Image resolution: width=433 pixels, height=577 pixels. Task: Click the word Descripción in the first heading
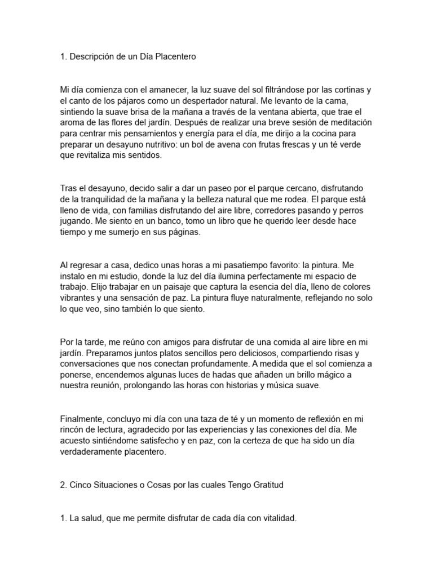click(x=92, y=57)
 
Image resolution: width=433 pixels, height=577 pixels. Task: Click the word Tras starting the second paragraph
click(x=68, y=188)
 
